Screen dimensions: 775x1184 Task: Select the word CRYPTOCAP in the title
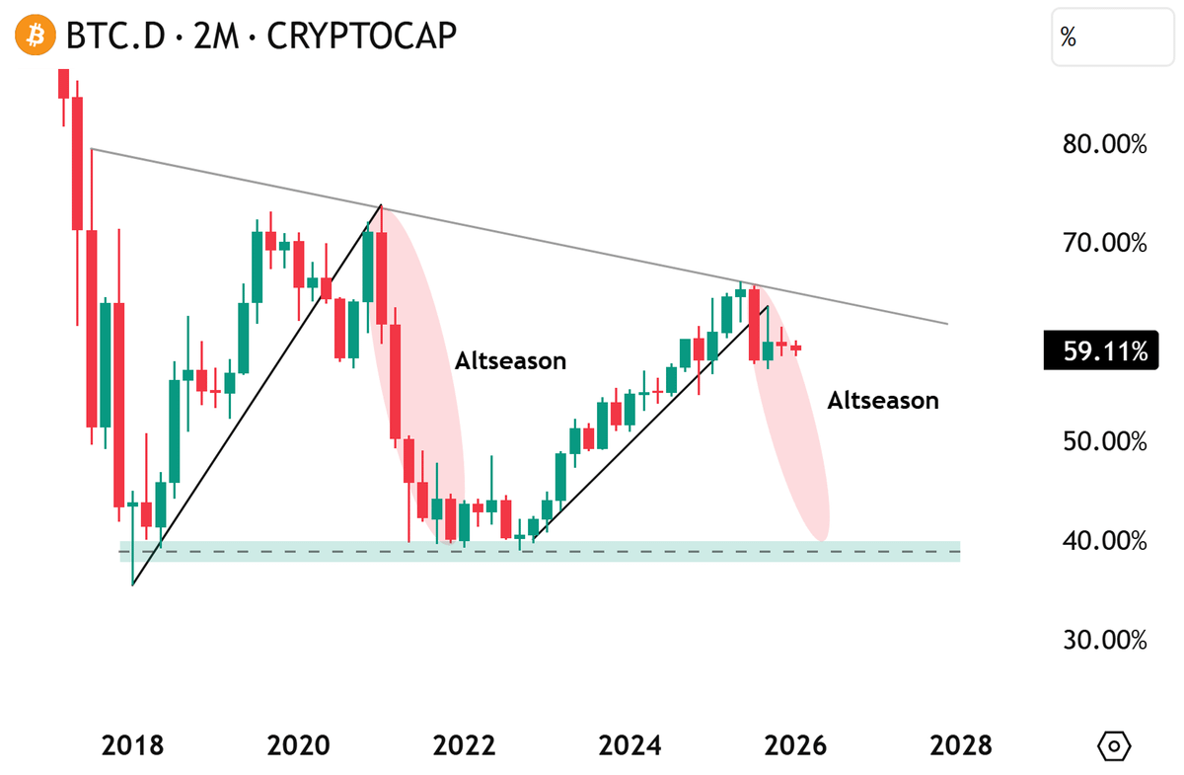362,37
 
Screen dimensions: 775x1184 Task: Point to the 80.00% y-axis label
1104,145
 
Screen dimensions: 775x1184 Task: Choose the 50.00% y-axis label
1104,441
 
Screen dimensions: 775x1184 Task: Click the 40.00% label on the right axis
1104,541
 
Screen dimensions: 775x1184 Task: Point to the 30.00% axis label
1104,640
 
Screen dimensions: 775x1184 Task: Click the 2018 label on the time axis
132,744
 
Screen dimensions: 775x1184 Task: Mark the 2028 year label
961,744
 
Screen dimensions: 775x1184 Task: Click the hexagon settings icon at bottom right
1115,744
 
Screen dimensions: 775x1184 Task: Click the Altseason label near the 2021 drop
510,361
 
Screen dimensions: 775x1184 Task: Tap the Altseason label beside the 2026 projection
882,401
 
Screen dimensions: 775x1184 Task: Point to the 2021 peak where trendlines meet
381,205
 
